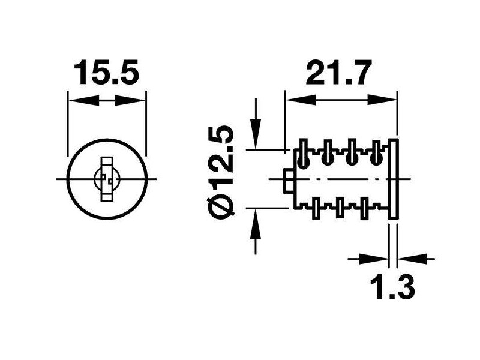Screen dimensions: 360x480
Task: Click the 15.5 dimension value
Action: pyautogui.click(x=107, y=74)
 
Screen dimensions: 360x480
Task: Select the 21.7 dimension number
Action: pyautogui.click(x=338, y=74)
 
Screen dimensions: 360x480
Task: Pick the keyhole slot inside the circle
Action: pyautogui.click(x=107, y=179)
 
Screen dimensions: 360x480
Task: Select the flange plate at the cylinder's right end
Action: pyautogui.click(x=394, y=179)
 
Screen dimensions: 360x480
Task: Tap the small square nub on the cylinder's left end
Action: pyautogui.click(x=288, y=181)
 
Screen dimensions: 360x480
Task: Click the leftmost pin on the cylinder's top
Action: pyautogui.click(x=304, y=155)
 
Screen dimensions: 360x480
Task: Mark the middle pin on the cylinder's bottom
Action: pyautogui.click(x=340, y=208)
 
